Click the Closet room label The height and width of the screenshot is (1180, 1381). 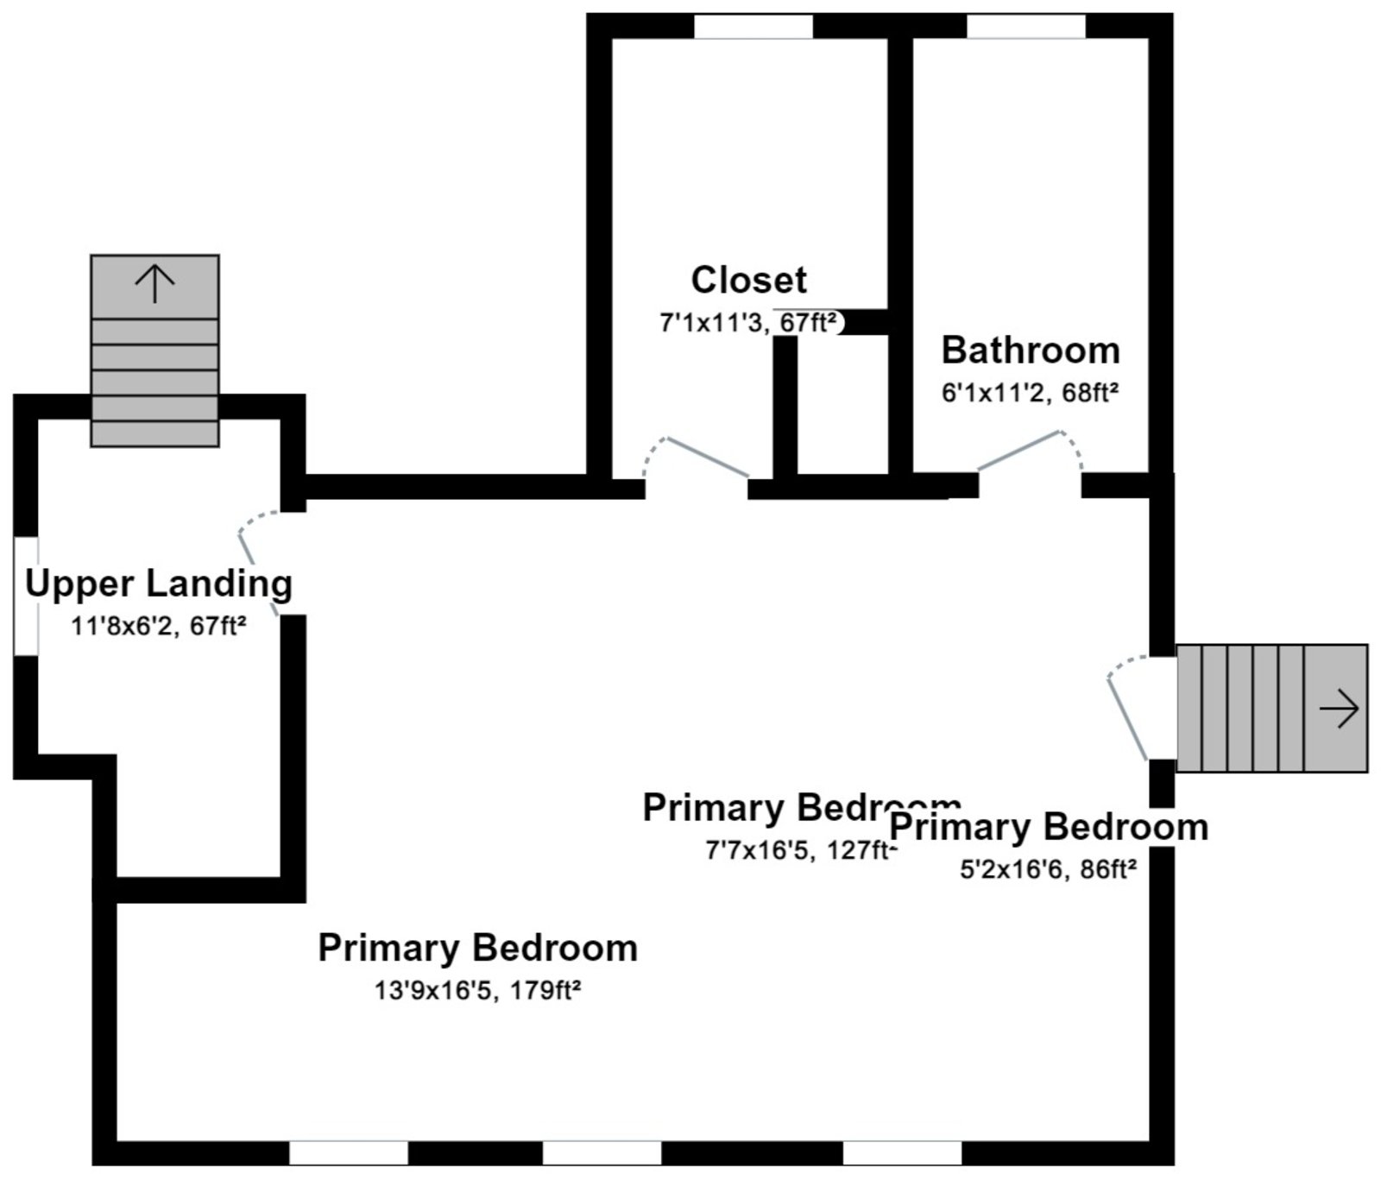pyautogui.click(x=748, y=281)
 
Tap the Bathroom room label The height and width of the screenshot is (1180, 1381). pyautogui.click(x=1030, y=350)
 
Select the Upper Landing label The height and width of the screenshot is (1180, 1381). pyautogui.click(x=159, y=584)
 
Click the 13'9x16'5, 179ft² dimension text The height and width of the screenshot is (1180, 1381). pyautogui.click(x=477, y=990)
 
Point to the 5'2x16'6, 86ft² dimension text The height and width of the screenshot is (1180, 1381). pyautogui.click(x=1048, y=869)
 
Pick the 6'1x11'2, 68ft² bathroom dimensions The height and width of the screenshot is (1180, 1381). pyautogui.click(x=1030, y=394)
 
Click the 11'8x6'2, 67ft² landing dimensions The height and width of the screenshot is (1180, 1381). pyautogui.click(x=159, y=626)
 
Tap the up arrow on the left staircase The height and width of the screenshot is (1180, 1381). pyautogui.click(x=154, y=284)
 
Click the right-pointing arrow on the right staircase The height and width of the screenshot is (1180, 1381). pyautogui.click(x=1339, y=709)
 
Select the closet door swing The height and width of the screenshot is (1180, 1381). pyautogui.click(x=695, y=457)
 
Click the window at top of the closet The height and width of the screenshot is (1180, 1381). pyautogui.click(x=754, y=27)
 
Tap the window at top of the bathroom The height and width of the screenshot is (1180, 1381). pyautogui.click(x=1025, y=27)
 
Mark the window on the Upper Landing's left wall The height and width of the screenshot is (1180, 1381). pyautogui.click(x=26, y=596)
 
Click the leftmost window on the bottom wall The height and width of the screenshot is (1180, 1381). pyautogui.click(x=348, y=1152)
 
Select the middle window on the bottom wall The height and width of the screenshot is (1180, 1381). pyautogui.click(x=602, y=1152)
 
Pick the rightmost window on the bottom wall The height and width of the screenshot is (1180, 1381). pyautogui.click(x=902, y=1152)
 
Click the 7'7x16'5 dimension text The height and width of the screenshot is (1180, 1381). pyautogui.click(x=801, y=851)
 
